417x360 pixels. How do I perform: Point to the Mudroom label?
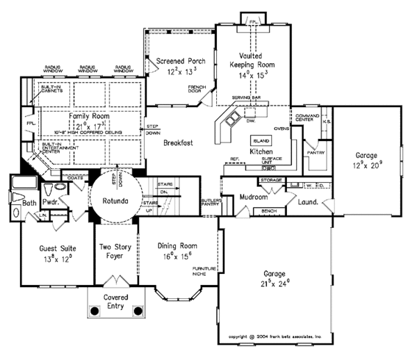(254, 197)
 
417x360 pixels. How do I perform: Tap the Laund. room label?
(308, 202)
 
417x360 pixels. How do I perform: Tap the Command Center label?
(307, 117)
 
